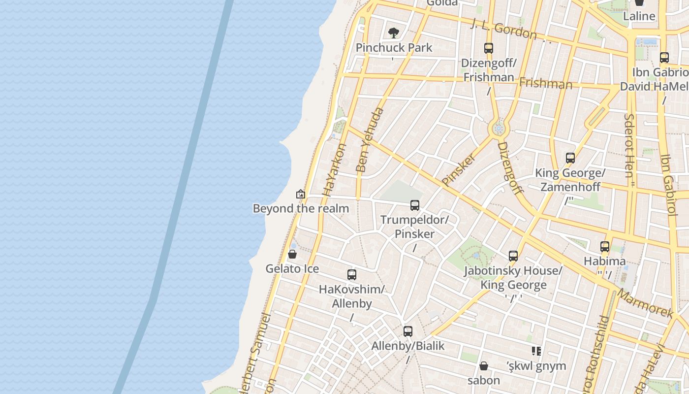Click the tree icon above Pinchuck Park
pos(393,33)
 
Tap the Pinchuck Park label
pos(394,48)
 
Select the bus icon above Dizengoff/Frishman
pos(489,48)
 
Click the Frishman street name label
pos(546,83)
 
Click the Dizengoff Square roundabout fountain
pos(499,129)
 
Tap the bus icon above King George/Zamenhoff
pos(570,158)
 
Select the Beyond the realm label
pos(301,208)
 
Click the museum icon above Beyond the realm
pos(301,195)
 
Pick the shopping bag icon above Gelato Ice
pos(292,254)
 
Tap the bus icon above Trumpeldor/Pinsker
pos(415,205)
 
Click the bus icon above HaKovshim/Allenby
pos(352,275)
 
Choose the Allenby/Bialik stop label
pos(408,346)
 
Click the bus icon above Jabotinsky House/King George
pos(513,256)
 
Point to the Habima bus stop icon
pos(605,247)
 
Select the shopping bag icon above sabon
pos(484,366)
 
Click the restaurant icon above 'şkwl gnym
pos(536,351)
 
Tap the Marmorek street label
pos(645,303)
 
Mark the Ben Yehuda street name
pos(369,140)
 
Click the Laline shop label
pos(639,16)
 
